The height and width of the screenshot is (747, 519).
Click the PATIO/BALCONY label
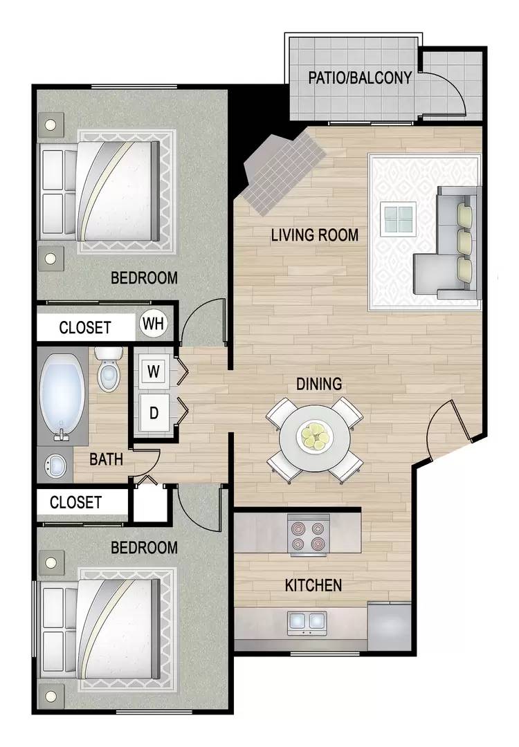pyautogui.click(x=359, y=77)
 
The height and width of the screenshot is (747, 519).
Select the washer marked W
pyautogui.click(x=154, y=371)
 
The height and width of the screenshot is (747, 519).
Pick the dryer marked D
pyautogui.click(x=154, y=413)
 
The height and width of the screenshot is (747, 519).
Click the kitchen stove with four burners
pyautogui.click(x=307, y=535)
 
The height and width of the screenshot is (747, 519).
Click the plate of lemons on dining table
pyautogui.click(x=315, y=436)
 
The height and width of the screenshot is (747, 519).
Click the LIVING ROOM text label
pyautogui.click(x=315, y=235)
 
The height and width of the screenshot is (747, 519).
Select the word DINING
pyautogui.click(x=319, y=384)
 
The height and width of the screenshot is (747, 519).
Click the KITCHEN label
pyautogui.click(x=313, y=586)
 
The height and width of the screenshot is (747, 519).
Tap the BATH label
pyautogui.click(x=107, y=459)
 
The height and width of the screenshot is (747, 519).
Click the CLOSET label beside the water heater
pyautogui.click(x=84, y=327)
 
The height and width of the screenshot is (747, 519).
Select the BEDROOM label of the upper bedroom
pyautogui.click(x=144, y=278)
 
